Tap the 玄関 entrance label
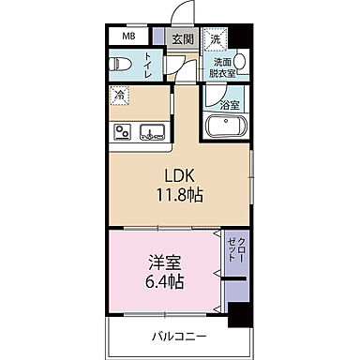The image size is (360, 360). [x=182, y=39]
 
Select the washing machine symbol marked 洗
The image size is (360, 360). [x=217, y=39]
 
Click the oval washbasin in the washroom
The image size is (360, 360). [x=240, y=63]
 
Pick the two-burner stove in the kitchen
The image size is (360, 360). [x=121, y=130]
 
